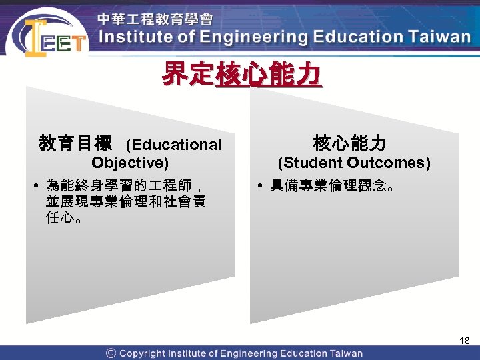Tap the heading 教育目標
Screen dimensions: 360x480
pos(75,143)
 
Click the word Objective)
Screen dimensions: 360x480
pos(130,163)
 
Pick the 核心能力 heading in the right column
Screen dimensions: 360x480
pos(349,143)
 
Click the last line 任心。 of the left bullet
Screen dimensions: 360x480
pos(64,218)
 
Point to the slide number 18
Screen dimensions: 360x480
pos(465,341)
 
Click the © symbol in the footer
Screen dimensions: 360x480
pos(111,353)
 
